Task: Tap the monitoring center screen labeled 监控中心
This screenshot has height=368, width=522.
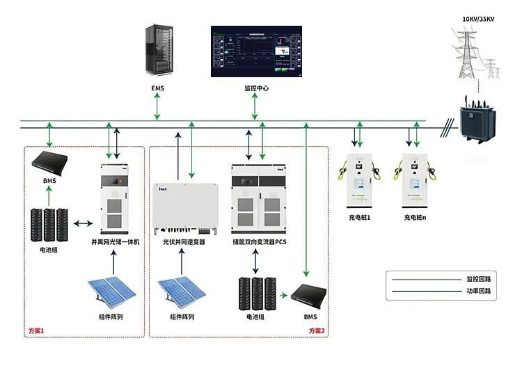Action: tap(257, 51)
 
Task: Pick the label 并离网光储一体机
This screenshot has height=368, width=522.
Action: tap(116, 241)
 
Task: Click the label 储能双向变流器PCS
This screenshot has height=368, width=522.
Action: tap(260, 241)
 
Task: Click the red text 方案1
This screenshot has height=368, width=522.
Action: tap(35, 330)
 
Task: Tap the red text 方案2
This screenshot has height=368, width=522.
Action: tap(317, 330)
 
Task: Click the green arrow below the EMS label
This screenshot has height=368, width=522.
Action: tap(157, 106)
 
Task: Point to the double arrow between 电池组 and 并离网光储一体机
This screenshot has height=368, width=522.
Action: tap(84, 223)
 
